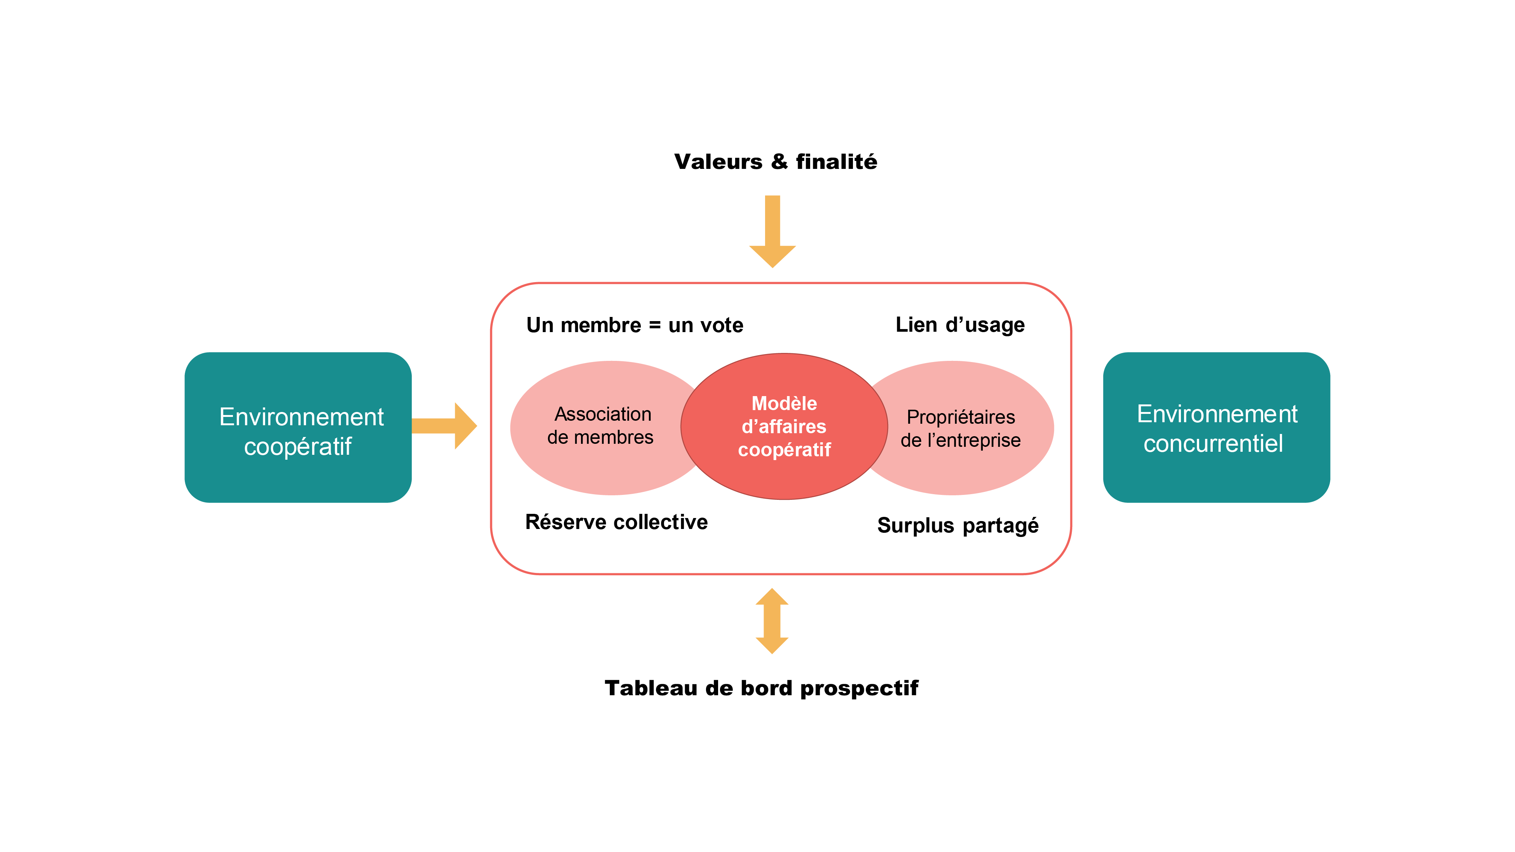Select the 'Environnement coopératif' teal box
click(298, 428)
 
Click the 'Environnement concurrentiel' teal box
click(1216, 428)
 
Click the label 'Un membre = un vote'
click(634, 325)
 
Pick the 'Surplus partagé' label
click(957, 525)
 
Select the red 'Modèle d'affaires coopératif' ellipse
click(784, 427)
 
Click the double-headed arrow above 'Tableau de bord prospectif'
click(772, 621)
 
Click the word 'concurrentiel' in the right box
click(1213, 444)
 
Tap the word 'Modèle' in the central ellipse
click(784, 403)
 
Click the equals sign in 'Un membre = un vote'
click(654, 326)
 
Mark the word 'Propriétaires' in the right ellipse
click(961, 417)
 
